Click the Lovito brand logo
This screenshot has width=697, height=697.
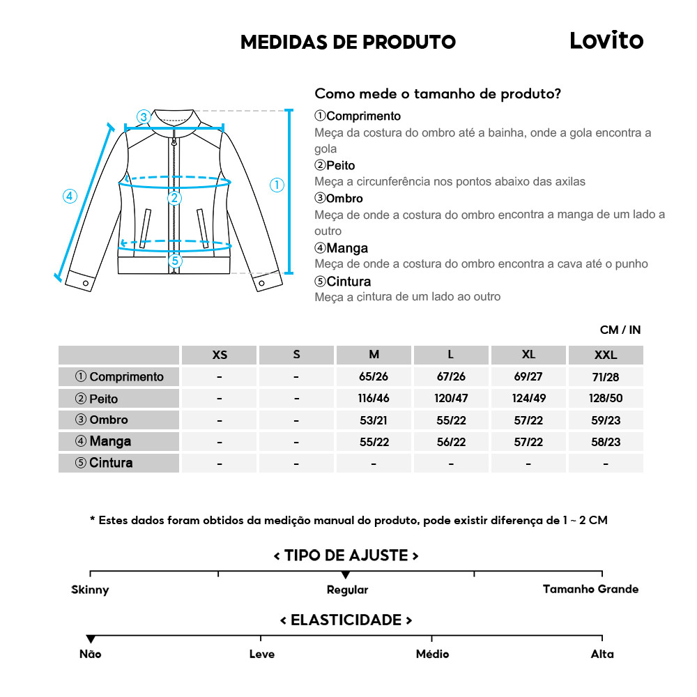click(x=606, y=40)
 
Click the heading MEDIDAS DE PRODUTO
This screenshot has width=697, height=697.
click(x=348, y=42)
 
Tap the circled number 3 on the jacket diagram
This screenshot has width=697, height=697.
click(x=143, y=116)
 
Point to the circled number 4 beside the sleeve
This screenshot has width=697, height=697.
click(x=69, y=197)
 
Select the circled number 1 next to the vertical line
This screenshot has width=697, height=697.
click(x=277, y=185)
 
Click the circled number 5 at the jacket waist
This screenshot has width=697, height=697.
click(x=175, y=261)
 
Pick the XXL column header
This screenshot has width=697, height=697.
click(x=605, y=355)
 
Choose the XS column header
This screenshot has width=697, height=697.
click(x=220, y=355)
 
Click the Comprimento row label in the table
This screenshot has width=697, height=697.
click(x=119, y=377)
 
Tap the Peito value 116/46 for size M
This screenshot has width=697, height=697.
click(x=374, y=399)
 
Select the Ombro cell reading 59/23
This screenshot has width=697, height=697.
click(x=605, y=420)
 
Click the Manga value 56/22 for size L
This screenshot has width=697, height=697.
click(x=451, y=442)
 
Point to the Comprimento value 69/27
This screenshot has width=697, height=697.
click(x=528, y=377)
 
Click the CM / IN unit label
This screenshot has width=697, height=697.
click(x=620, y=330)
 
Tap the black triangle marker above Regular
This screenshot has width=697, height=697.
click(x=346, y=575)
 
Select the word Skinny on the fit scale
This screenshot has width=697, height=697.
click(x=90, y=590)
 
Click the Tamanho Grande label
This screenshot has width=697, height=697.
click(x=590, y=590)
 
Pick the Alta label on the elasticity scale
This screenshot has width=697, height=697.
click(x=602, y=654)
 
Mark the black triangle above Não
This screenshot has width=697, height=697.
click(x=91, y=639)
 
